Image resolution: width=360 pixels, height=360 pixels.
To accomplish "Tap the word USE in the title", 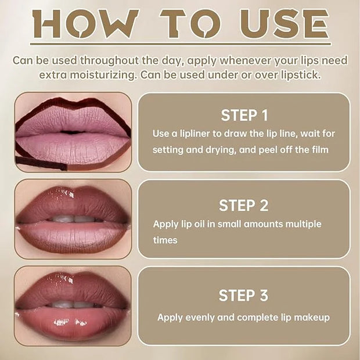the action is coord(285,24).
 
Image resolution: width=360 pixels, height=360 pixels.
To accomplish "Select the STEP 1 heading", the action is coord(244,115).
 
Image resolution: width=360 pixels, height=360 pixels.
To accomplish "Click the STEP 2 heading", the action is coord(244,205).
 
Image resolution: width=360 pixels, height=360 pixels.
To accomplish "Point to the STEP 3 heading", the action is coord(243,295).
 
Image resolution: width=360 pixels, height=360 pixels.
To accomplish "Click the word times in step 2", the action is coord(165,240).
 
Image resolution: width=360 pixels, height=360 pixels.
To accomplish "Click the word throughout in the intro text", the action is coord(110,60).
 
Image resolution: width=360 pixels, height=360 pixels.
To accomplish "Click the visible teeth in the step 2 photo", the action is coord(74,219).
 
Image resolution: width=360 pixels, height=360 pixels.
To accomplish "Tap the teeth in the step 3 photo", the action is coord(73,304).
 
